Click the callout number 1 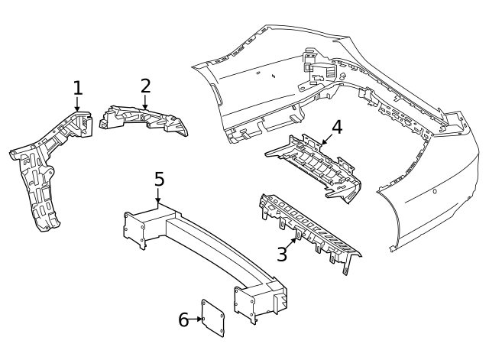pos(76,88)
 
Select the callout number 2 pos(145,85)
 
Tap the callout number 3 pos(282,253)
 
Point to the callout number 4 pos(336,126)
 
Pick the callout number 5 pos(159,180)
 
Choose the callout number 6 pos(183,319)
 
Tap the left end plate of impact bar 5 pos(134,229)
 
